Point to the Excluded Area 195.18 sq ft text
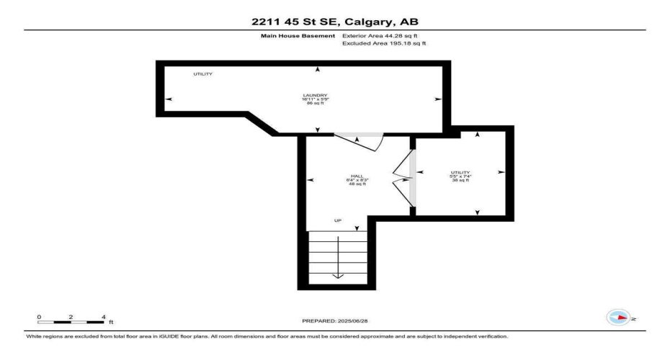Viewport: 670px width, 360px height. pos(384,43)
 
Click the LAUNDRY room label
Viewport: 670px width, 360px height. pos(315,95)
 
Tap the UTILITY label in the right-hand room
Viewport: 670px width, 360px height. pos(460,172)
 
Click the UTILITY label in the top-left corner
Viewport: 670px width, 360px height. pos(202,74)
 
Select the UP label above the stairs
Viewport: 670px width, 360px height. pos(337,220)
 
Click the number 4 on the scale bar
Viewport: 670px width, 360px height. pos(104,317)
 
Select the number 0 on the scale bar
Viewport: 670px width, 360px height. pos(40,317)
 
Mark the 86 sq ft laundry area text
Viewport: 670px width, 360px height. pos(315,103)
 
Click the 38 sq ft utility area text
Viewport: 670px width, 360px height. pos(460,180)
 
